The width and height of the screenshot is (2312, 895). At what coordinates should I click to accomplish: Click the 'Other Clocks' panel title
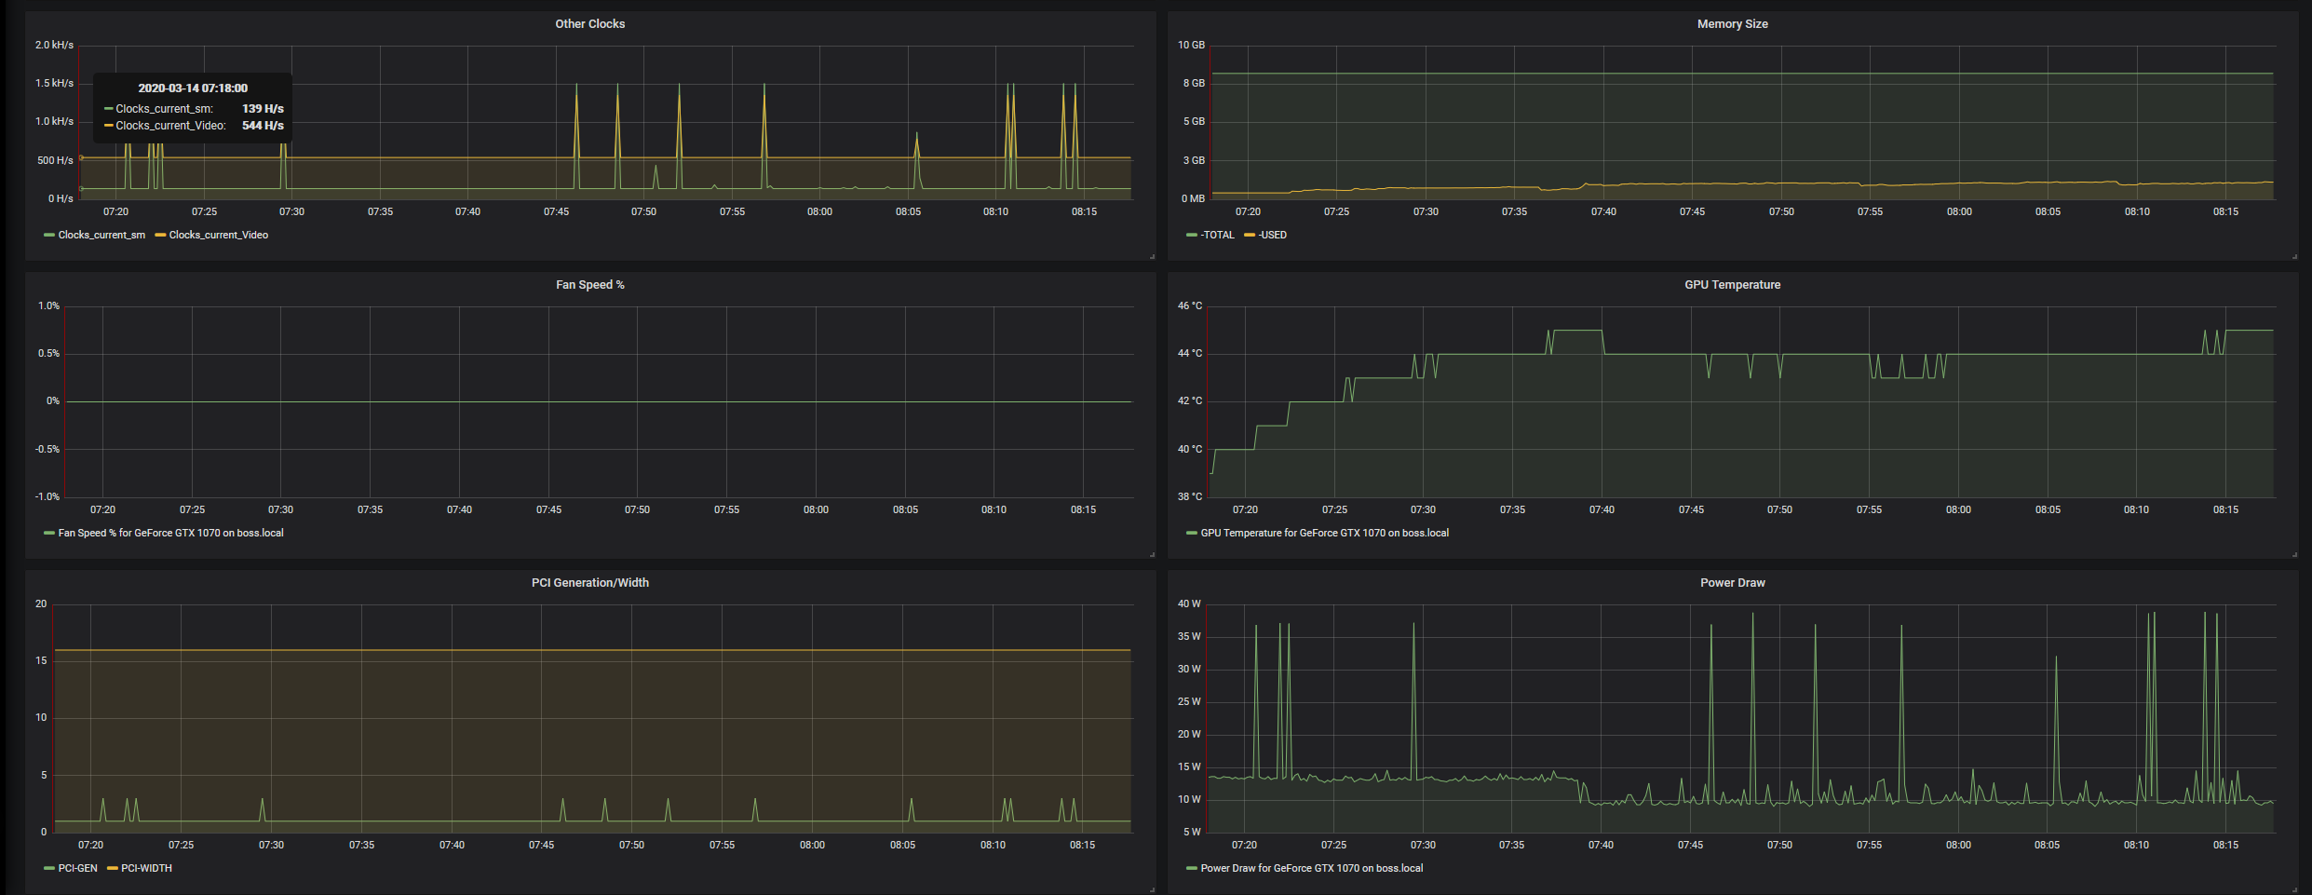click(x=589, y=24)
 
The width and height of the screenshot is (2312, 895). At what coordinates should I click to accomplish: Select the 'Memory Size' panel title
click(x=1732, y=24)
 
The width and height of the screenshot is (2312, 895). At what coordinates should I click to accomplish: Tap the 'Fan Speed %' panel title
click(x=589, y=285)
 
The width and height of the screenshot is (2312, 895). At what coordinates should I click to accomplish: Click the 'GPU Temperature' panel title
click(x=1732, y=285)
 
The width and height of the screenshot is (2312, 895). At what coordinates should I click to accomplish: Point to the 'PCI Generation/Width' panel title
click(x=589, y=583)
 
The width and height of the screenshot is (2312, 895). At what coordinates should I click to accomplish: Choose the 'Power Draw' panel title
click(x=1732, y=583)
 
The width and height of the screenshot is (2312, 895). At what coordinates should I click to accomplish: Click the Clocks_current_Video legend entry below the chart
click(x=218, y=235)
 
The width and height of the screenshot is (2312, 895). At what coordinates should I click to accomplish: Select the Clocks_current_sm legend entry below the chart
click(x=101, y=235)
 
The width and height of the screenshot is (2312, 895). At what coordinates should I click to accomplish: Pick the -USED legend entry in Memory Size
click(x=1272, y=235)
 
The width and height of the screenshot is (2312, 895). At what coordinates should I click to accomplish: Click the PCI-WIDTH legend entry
click(x=146, y=868)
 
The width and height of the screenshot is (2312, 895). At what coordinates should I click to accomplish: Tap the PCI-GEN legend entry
click(x=77, y=868)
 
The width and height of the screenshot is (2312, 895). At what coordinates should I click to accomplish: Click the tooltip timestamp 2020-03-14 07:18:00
click(x=193, y=88)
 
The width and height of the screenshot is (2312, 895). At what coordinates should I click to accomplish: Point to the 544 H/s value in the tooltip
click(x=263, y=126)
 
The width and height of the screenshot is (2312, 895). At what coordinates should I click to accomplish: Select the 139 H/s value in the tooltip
click(x=263, y=109)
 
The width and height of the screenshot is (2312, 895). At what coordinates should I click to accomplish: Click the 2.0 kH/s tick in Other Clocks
click(x=54, y=45)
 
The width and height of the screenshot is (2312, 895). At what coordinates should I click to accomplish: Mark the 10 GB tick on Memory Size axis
click(x=1191, y=45)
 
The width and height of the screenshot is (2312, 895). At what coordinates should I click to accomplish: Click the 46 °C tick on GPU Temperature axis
click(x=1189, y=305)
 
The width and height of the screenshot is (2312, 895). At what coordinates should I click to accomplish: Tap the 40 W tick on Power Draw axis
click(x=1189, y=603)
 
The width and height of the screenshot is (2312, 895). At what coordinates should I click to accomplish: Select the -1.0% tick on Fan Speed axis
click(x=47, y=496)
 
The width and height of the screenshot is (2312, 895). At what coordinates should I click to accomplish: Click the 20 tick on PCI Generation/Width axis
click(x=41, y=603)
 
